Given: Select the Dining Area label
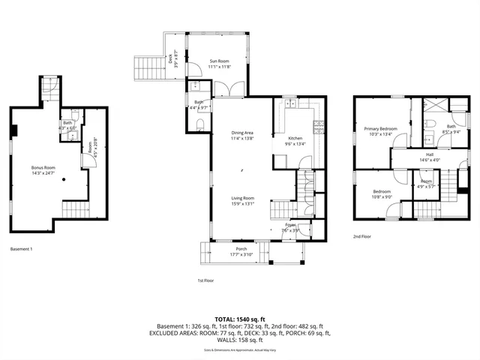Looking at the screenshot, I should (x=242, y=133).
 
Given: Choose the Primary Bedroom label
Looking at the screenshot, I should (x=380, y=128).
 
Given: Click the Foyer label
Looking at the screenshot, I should (x=289, y=225).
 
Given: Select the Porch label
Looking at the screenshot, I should (x=241, y=249).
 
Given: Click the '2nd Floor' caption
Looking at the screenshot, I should (x=363, y=236).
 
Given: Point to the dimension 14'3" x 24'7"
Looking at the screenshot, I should (x=43, y=173).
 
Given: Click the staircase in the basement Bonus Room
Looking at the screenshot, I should (x=74, y=210).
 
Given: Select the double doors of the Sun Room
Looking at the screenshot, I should (x=226, y=89).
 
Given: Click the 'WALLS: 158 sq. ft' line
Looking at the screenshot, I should (x=240, y=340).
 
